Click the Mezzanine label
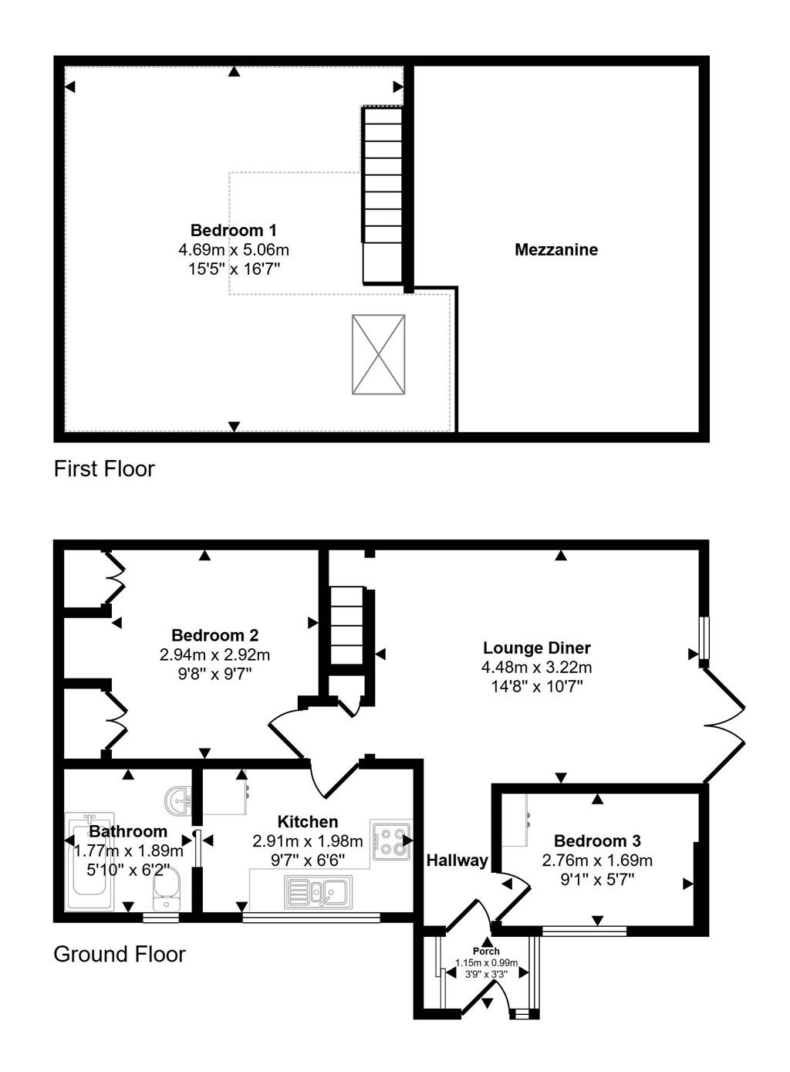pyautogui.click(x=556, y=249)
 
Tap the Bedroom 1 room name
pyautogui.click(x=234, y=230)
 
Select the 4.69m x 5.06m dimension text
pyautogui.click(x=234, y=249)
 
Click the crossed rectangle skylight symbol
pyautogui.click(x=379, y=354)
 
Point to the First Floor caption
pyautogui.click(x=104, y=468)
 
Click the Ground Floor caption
pyautogui.click(x=120, y=954)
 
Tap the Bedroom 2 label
pyautogui.click(x=214, y=635)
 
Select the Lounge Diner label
pyautogui.click(x=537, y=648)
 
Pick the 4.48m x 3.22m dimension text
pyautogui.click(x=537, y=667)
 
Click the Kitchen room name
pyautogui.click(x=308, y=821)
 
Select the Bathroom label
pyautogui.click(x=128, y=831)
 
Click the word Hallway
pyautogui.click(x=457, y=861)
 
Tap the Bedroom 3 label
pyautogui.click(x=597, y=840)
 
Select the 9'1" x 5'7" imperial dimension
pyautogui.click(x=597, y=879)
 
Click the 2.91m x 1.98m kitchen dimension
pyautogui.click(x=308, y=840)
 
